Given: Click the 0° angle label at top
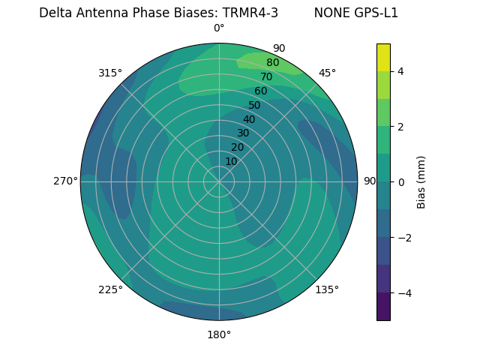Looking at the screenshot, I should point(219,28).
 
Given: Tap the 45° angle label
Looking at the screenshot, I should point(327,73).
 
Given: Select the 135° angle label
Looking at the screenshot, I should point(327,289).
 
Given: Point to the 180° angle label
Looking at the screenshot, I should point(219,334).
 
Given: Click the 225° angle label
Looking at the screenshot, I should point(110,289).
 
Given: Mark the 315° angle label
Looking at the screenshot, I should point(110,73).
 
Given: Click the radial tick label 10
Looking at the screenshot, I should point(231,161).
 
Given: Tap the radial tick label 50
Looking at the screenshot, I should point(254,106).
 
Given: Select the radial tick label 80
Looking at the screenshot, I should point(272,63).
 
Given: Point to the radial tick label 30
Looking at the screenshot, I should point(243,133).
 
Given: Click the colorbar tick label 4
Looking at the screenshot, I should point(400,71).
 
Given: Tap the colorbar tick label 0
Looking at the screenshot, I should point(400,182).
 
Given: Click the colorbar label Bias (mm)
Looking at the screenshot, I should point(421,181).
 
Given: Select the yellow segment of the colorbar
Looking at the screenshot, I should point(383,57).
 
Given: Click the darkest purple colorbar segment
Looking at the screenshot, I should point(383,307).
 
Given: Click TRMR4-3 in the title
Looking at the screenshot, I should point(250,13).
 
